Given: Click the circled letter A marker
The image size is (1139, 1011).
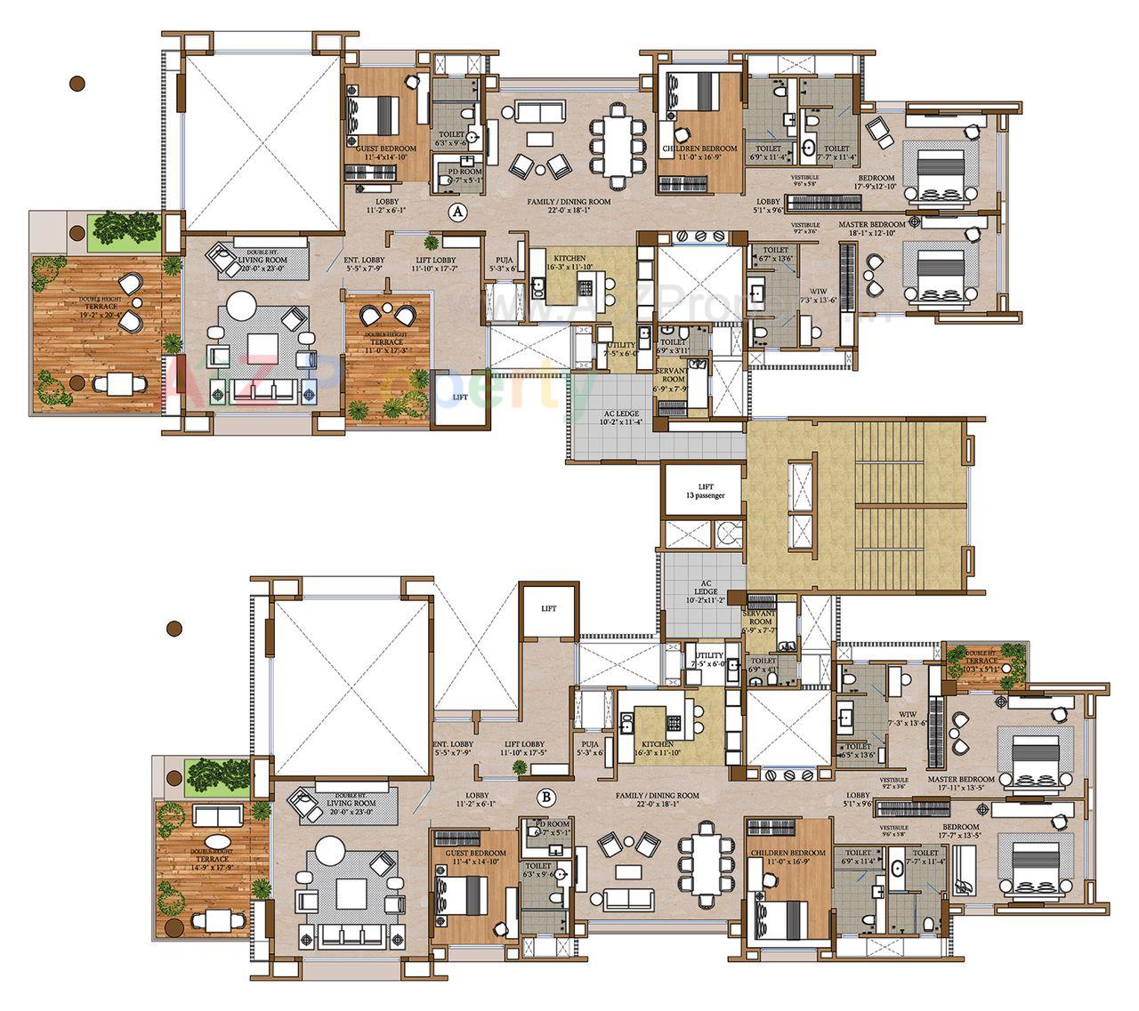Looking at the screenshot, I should coord(457,212).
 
